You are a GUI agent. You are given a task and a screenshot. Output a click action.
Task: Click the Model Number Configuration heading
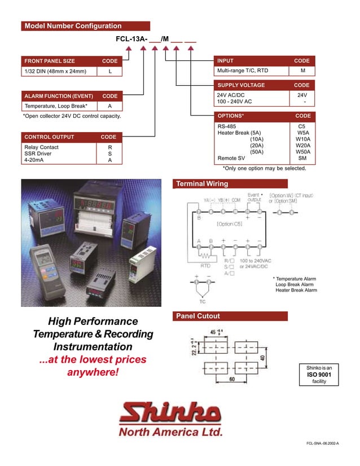[x=73, y=26]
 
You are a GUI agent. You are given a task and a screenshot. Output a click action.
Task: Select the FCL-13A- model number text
[x=131, y=39]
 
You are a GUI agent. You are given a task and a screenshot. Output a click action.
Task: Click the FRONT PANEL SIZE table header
[x=50, y=61]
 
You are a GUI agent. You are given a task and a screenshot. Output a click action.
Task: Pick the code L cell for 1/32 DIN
[x=110, y=71]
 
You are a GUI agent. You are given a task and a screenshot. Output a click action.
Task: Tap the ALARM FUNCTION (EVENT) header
[x=59, y=96]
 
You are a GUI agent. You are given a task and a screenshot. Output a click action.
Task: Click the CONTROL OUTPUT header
[x=49, y=137]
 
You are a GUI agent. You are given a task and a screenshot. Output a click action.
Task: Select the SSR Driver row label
[x=38, y=153]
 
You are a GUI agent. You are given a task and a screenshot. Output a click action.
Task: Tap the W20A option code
[x=302, y=146]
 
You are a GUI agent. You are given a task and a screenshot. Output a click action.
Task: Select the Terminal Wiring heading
[x=202, y=184]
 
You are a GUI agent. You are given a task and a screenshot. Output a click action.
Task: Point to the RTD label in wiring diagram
[x=206, y=265]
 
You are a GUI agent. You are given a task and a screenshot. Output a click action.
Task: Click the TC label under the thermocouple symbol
[x=202, y=302]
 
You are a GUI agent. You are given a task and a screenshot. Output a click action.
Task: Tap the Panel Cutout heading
[x=198, y=316]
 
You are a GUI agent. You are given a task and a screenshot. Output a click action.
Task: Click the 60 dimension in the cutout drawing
[x=232, y=380]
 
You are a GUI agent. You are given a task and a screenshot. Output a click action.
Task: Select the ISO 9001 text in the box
[x=319, y=374]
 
